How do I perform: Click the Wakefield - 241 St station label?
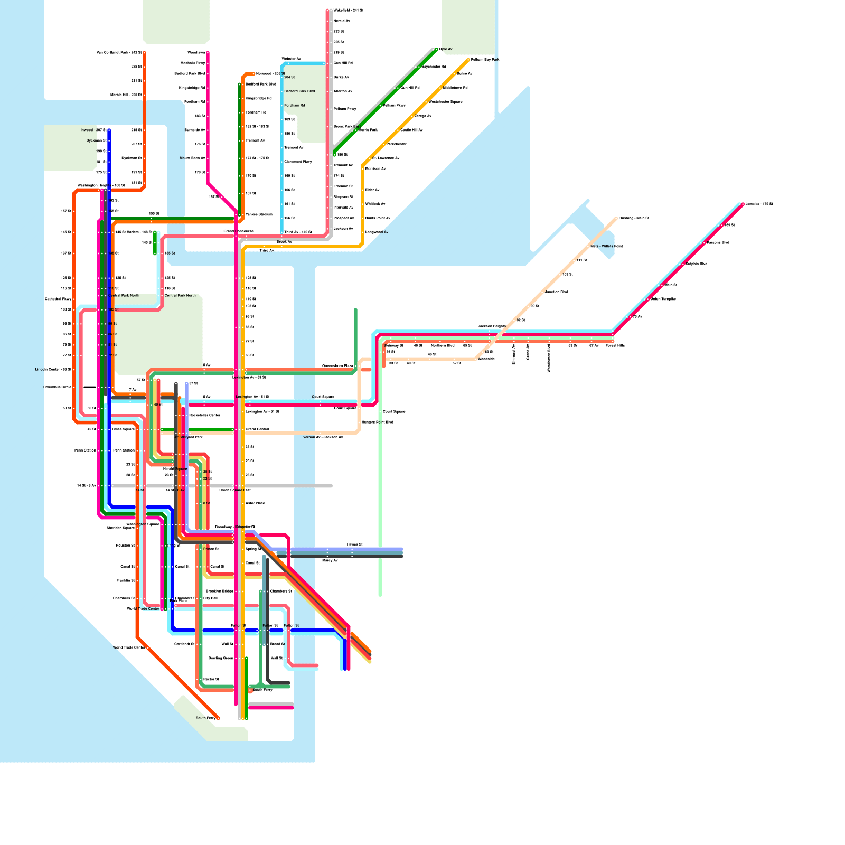(348, 10)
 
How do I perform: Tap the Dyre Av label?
(446, 49)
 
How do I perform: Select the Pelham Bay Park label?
(485, 60)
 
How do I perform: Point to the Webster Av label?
(291, 59)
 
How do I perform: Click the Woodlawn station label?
(196, 53)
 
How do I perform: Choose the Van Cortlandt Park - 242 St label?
(119, 53)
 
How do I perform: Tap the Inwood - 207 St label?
(93, 130)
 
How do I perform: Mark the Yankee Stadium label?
(259, 214)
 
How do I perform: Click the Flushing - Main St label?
(634, 218)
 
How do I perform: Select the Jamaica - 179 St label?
(759, 204)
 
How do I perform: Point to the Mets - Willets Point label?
(606, 246)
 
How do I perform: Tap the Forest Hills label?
(615, 345)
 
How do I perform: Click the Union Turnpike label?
(663, 299)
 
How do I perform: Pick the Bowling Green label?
(221, 658)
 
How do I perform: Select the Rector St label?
(211, 679)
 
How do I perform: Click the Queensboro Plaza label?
(337, 366)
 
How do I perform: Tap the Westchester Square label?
(445, 102)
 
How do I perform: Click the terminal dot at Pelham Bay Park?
(468, 60)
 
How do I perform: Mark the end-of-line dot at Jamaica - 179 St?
(743, 204)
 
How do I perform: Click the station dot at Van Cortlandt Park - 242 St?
(144, 53)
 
